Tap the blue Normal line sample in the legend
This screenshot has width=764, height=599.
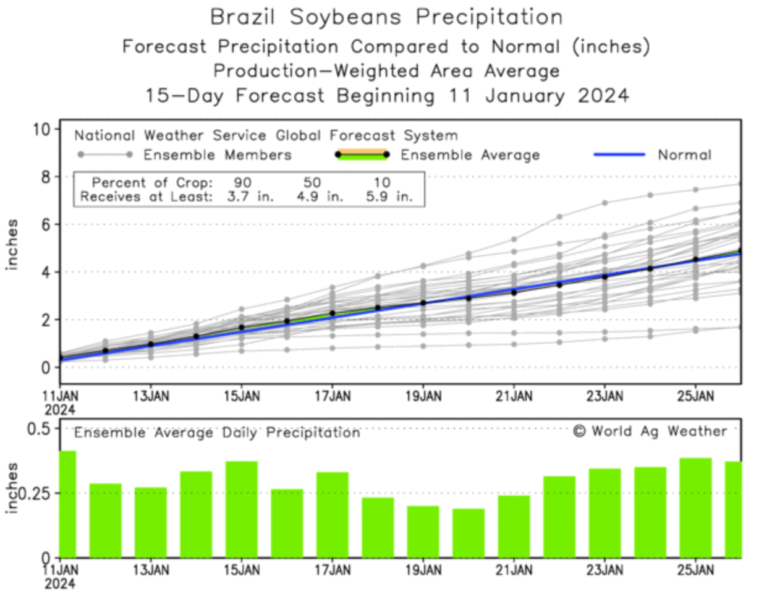(619, 155)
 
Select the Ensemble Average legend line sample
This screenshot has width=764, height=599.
(362, 155)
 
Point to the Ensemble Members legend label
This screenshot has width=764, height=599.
(217, 155)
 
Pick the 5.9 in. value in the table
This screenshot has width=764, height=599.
(389, 197)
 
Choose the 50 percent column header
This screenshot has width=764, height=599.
(312, 182)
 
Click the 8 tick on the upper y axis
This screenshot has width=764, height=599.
(46, 177)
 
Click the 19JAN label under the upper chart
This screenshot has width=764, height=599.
(423, 396)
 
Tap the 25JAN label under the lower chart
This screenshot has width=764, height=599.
(695, 569)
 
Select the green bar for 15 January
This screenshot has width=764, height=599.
(242, 509)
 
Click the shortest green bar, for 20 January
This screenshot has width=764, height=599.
(469, 533)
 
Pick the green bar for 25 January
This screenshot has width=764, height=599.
(695, 508)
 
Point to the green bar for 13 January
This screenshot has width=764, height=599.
(151, 522)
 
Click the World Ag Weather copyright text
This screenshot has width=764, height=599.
(650, 431)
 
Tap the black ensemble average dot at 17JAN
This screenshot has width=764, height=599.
(333, 313)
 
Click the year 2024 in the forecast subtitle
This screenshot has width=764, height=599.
(604, 96)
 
